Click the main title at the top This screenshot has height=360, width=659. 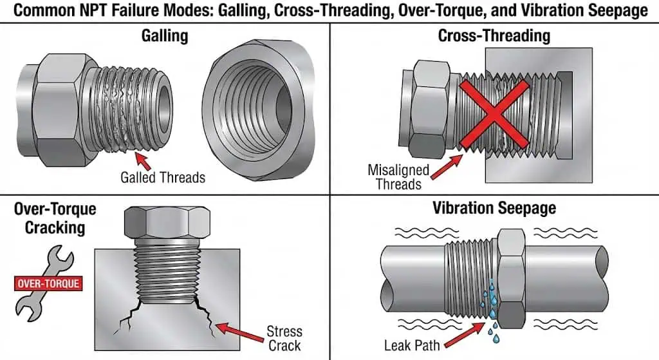(329, 11)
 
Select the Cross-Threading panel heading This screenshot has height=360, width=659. (494, 35)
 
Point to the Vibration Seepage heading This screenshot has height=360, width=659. (494, 208)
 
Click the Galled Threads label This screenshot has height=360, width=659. (163, 177)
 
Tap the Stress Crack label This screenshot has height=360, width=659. (284, 338)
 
